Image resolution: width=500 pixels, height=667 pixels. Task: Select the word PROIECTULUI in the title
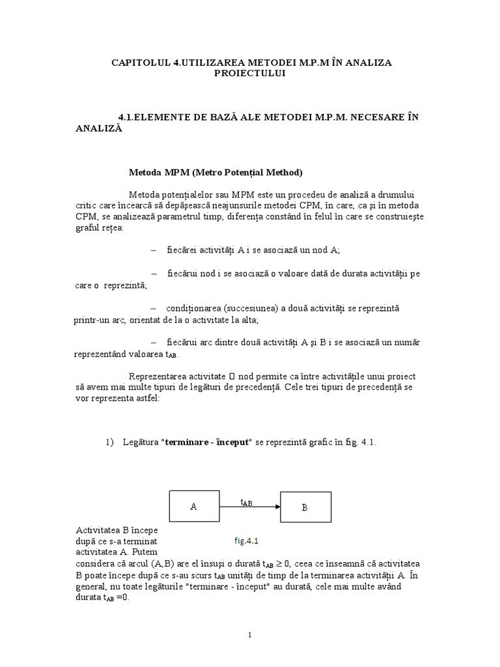(250, 73)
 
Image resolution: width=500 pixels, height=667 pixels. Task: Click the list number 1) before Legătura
(110, 442)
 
